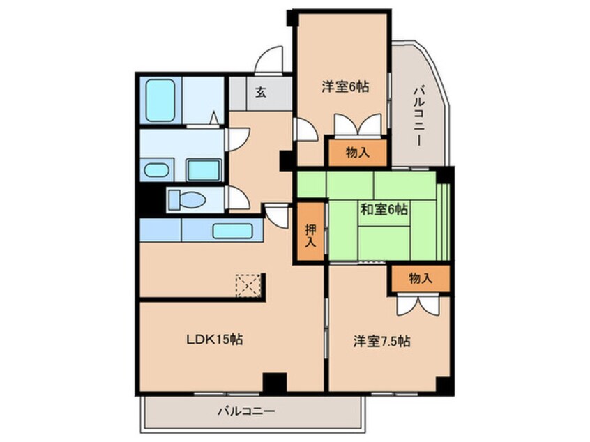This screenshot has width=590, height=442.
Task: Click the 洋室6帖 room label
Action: [345, 87]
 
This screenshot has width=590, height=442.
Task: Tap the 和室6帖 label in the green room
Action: [384, 209]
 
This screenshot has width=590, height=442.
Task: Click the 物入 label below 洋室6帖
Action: [356, 153]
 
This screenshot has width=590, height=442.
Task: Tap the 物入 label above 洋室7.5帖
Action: [420, 278]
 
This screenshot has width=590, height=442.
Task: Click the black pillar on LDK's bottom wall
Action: [275, 383]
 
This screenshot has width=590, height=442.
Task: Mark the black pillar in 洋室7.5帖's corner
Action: [444, 384]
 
